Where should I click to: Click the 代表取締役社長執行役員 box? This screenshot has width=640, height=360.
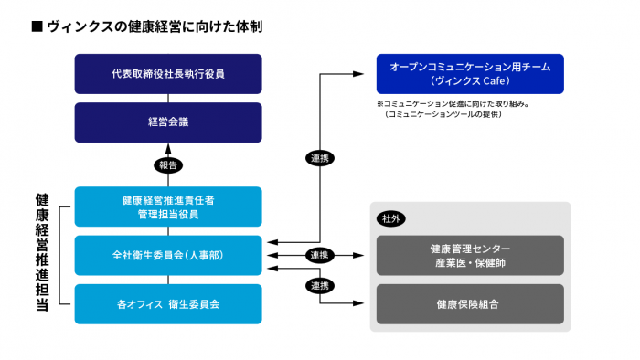(x=167, y=73)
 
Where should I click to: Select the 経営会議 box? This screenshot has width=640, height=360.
(x=167, y=122)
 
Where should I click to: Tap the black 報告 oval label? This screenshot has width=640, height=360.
(x=168, y=165)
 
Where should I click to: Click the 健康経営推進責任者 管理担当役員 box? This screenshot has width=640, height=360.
(x=167, y=206)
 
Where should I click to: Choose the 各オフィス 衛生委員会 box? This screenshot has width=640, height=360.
(x=167, y=302)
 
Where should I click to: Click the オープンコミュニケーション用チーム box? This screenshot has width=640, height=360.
(x=469, y=73)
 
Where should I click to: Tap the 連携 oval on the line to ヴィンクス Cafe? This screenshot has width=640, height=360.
(x=320, y=158)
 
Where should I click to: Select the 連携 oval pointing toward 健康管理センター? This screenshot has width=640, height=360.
(x=320, y=255)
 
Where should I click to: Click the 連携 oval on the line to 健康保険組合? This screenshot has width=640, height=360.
(x=320, y=284)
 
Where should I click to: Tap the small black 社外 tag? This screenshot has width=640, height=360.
(x=390, y=219)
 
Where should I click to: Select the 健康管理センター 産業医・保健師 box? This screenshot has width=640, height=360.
(x=470, y=255)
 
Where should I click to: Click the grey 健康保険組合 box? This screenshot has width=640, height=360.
(x=470, y=303)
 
